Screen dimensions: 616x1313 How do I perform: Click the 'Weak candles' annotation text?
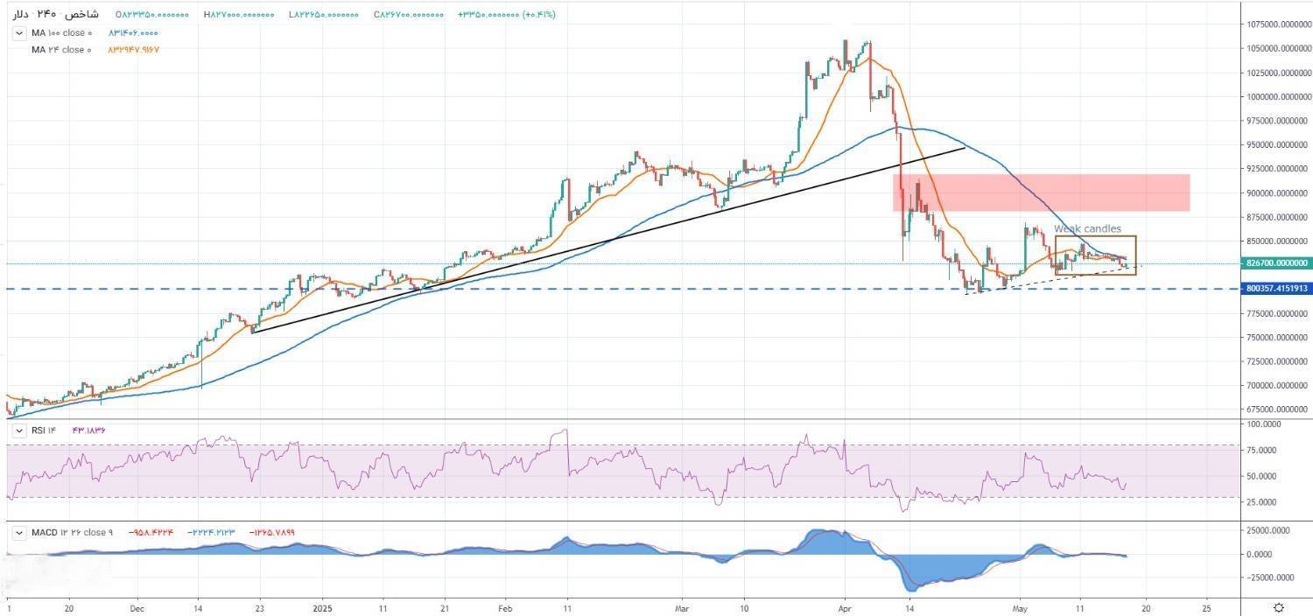[x=1087, y=229]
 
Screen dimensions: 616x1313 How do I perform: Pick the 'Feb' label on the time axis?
[x=505, y=606]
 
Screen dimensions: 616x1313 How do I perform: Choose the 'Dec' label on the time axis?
[x=137, y=606]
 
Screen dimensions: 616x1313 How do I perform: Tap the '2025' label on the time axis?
[x=323, y=606]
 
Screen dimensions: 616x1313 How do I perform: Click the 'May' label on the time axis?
[x=1018, y=606]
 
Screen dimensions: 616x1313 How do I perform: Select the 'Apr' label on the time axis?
[x=846, y=606]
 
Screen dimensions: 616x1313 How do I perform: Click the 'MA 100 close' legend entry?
[x=61, y=33]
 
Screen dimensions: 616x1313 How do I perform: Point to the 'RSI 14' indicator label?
[x=43, y=430]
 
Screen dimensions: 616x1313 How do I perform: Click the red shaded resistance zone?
[x=1041, y=192]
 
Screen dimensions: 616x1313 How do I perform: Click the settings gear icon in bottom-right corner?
[x=1279, y=607]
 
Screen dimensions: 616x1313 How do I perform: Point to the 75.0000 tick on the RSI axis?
[x=1274, y=450]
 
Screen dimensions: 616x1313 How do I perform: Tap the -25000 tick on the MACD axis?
[x=1275, y=577]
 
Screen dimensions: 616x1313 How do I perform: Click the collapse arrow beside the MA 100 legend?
[x=19, y=33]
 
